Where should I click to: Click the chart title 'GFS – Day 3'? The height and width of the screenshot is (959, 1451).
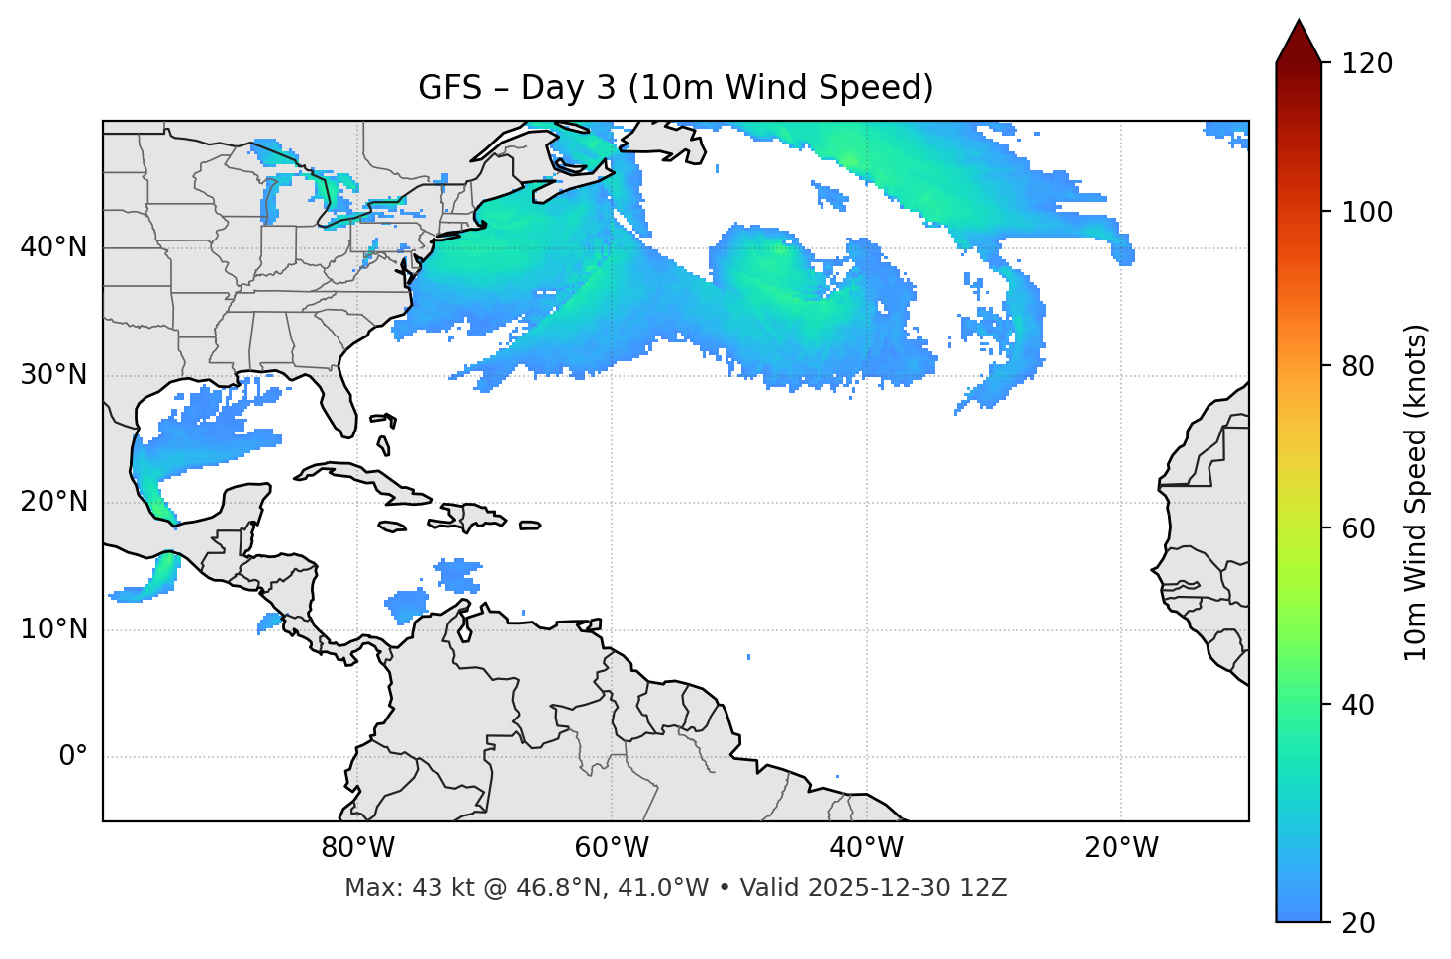pyautogui.click(x=675, y=88)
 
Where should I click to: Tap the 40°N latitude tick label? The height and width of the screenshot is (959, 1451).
pyautogui.click(x=53, y=247)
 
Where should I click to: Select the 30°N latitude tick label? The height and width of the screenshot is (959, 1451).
pyautogui.click(x=53, y=375)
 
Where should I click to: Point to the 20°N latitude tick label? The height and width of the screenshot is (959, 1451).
pyautogui.click(x=53, y=502)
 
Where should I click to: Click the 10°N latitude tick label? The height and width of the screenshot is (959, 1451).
pyautogui.click(x=53, y=629)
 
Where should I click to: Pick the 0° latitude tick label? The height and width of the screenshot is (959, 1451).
pyautogui.click(x=73, y=757)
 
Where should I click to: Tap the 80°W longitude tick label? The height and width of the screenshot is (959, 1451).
pyautogui.click(x=357, y=848)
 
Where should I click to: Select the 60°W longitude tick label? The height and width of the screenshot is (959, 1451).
pyautogui.click(x=612, y=848)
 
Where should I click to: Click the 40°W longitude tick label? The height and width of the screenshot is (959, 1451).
pyautogui.click(x=866, y=848)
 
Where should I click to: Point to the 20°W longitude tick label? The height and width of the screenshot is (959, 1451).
pyautogui.click(x=1121, y=848)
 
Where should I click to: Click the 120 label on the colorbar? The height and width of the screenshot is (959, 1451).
pyautogui.click(x=1367, y=64)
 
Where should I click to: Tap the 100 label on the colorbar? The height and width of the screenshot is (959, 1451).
pyautogui.click(x=1367, y=212)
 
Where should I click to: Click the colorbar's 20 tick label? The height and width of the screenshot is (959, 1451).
pyautogui.click(x=1360, y=923)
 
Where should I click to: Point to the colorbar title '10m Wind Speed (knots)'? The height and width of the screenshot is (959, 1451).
pyautogui.click(x=1416, y=492)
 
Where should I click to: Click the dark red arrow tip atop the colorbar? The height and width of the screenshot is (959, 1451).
pyautogui.click(x=1299, y=40)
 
